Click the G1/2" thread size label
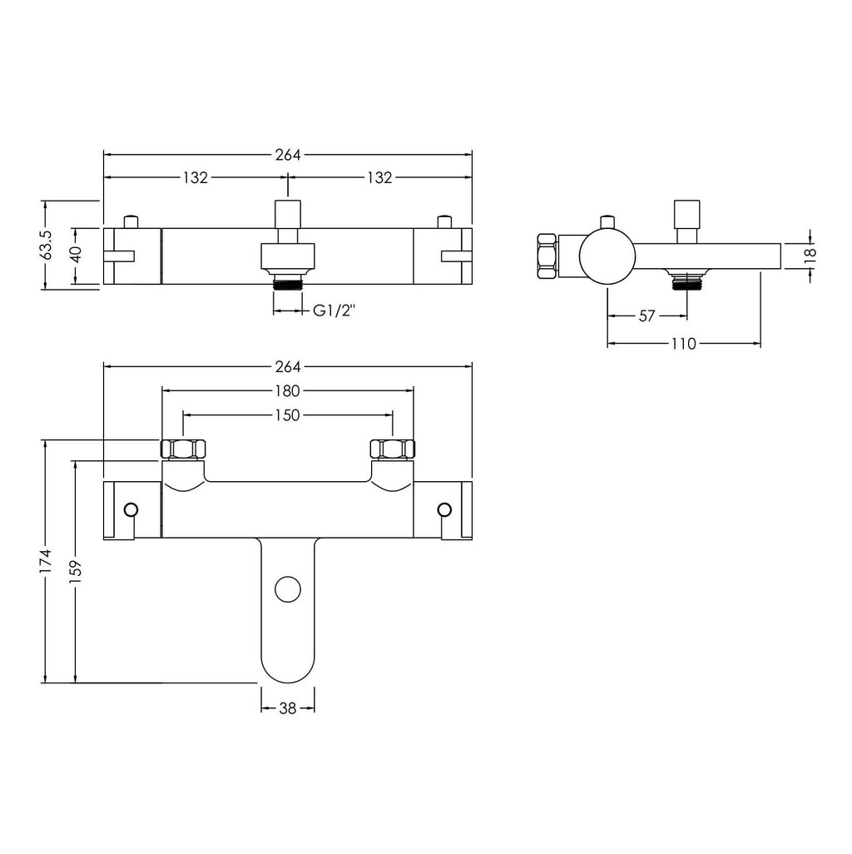(x=334, y=310)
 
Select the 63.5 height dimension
(x=47, y=245)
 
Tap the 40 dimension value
(x=77, y=255)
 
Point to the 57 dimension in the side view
(x=646, y=316)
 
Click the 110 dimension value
(x=683, y=344)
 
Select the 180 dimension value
(x=287, y=390)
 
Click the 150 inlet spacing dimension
(x=287, y=415)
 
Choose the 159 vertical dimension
(x=75, y=571)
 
